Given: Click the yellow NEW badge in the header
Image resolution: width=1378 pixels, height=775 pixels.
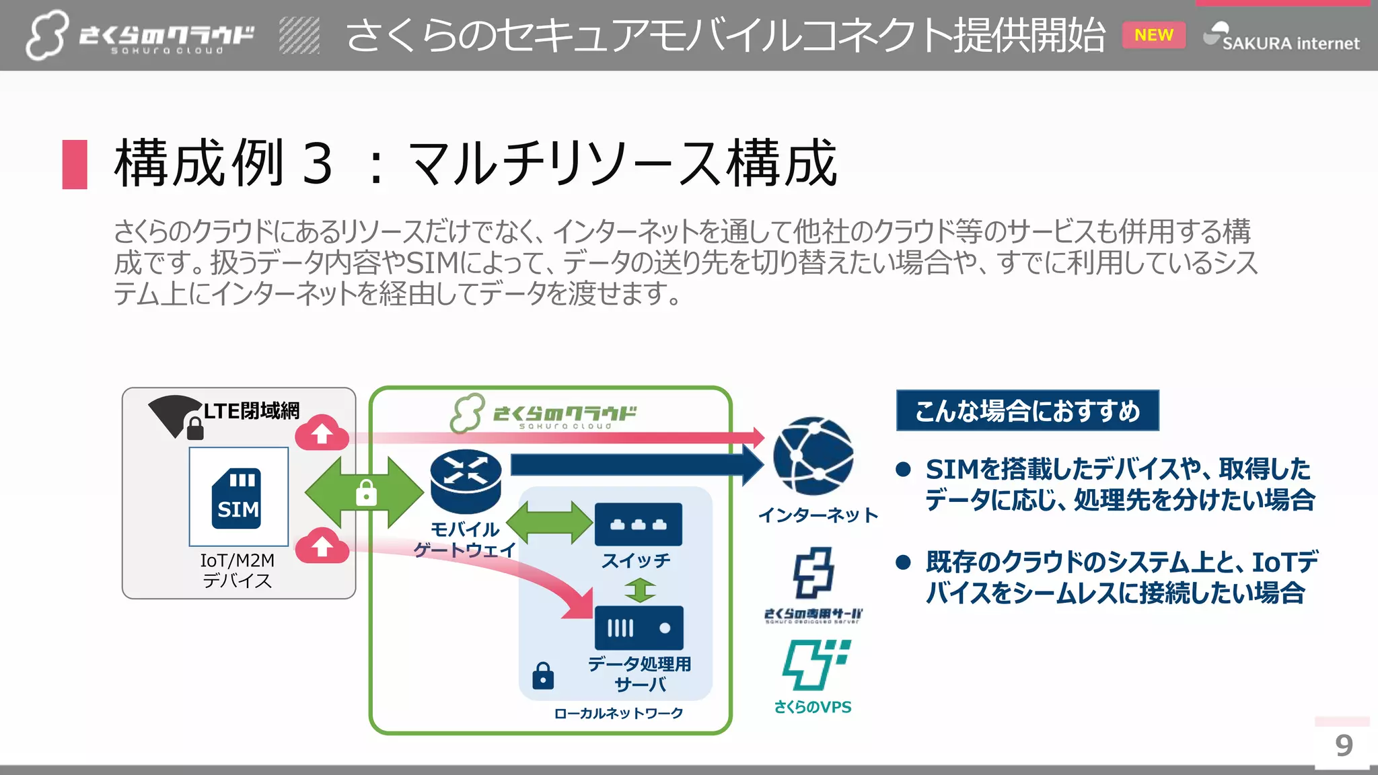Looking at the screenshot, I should (x=1153, y=35).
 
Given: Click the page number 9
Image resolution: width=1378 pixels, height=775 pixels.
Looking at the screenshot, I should (x=1344, y=745).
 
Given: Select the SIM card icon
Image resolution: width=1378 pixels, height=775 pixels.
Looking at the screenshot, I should (x=238, y=498).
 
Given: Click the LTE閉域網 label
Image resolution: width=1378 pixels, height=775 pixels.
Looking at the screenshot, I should (x=252, y=410).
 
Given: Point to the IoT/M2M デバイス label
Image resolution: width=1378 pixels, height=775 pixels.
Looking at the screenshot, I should (x=238, y=570).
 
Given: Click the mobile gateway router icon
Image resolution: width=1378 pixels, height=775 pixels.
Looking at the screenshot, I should (x=466, y=480).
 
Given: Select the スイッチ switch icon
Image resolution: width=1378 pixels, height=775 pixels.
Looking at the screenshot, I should (x=638, y=524).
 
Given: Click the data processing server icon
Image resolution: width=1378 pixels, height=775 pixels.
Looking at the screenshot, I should (x=639, y=628).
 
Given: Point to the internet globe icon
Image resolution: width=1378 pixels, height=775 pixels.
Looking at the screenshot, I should (x=813, y=455).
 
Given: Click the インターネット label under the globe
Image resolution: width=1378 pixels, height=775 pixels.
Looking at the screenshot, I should (x=818, y=515).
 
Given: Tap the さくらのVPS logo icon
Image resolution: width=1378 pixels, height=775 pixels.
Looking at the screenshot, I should (x=815, y=665).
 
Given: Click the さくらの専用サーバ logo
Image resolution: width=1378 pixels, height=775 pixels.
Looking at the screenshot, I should (x=813, y=585).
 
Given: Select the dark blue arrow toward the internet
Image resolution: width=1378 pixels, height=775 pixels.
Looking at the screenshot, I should (x=632, y=464).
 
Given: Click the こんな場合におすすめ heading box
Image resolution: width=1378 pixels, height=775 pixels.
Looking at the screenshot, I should (x=1027, y=410).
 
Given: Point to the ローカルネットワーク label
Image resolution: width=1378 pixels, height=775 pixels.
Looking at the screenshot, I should (x=618, y=713).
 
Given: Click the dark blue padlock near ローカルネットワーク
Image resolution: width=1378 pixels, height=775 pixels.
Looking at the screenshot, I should (x=543, y=676).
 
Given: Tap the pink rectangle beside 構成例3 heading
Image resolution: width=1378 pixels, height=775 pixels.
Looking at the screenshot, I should (x=75, y=164).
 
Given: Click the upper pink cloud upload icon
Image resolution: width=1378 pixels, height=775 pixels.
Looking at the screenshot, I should (x=322, y=433).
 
